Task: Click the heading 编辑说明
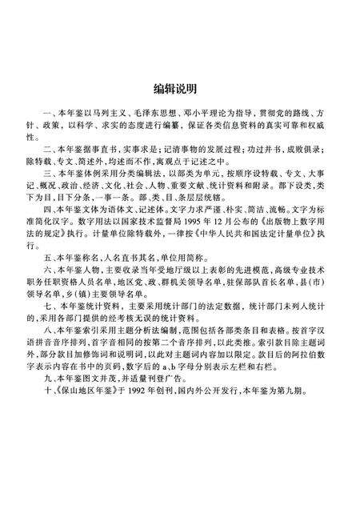179,86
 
